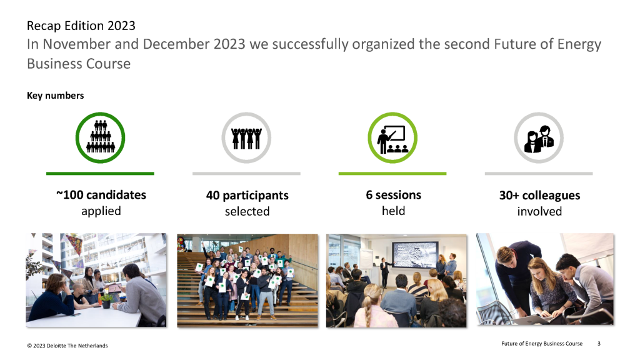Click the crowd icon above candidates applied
(101, 137)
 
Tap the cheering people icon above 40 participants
(246, 138)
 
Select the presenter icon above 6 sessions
(392, 139)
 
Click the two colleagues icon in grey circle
(539, 139)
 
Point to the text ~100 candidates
(101, 195)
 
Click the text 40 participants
(247, 196)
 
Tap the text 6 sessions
(394, 195)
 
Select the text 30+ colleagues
(539, 196)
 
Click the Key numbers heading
(56, 96)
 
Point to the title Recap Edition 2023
(81, 26)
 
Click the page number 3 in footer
(599, 344)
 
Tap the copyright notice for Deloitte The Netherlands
(67, 346)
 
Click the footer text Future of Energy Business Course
(542, 344)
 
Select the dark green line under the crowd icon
(100, 174)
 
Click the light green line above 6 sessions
(392, 174)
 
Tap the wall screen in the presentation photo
(416, 255)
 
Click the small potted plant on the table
(106, 301)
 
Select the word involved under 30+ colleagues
(539, 211)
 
